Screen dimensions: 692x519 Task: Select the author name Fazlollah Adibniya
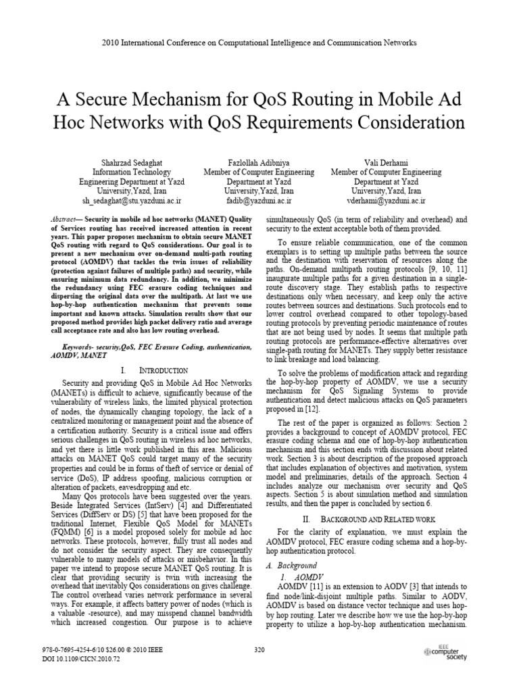pyautogui.click(x=259, y=162)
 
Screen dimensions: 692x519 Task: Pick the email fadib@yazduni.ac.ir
pyautogui.click(x=259, y=201)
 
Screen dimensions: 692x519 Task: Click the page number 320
pyautogui.click(x=259, y=650)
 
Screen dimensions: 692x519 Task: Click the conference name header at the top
pyautogui.click(x=259, y=43)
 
